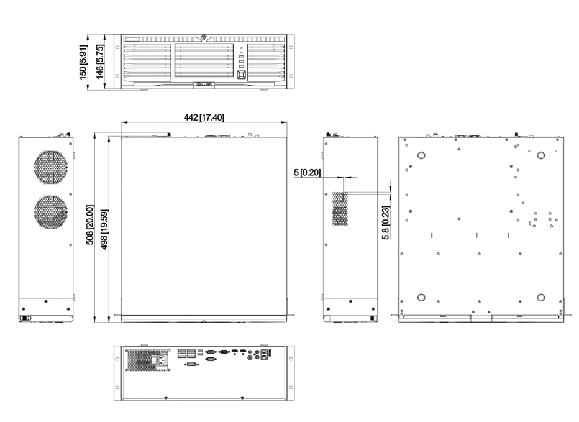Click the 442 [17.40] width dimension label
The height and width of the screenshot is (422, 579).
(x=204, y=117)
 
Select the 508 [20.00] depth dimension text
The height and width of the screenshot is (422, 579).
(x=89, y=224)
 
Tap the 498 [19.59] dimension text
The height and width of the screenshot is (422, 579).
(x=104, y=229)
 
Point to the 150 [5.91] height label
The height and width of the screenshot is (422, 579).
(x=83, y=62)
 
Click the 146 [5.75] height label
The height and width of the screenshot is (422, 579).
(x=99, y=62)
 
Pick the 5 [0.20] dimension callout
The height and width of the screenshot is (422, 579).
(x=308, y=172)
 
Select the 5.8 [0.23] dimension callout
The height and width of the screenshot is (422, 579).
(x=386, y=223)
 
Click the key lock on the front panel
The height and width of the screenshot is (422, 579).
(x=204, y=37)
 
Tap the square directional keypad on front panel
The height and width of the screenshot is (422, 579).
(x=242, y=75)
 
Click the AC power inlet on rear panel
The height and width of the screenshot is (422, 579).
(x=163, y=360)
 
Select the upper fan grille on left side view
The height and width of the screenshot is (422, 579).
(x=51, y=167)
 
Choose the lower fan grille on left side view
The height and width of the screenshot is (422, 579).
(x=51, y=212)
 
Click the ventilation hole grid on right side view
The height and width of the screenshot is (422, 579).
(x=340, y=208)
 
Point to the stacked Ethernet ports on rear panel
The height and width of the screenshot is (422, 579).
(x=263, y=354)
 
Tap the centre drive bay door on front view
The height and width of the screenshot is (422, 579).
(x=204, y=61)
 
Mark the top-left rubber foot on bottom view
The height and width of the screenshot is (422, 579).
(x=421, y=155)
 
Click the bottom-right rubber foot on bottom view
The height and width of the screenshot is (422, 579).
(x=541, y=298)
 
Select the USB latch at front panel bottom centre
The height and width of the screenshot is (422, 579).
(x=204, y=85)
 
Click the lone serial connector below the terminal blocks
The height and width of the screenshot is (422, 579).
(x=191, y=365)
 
